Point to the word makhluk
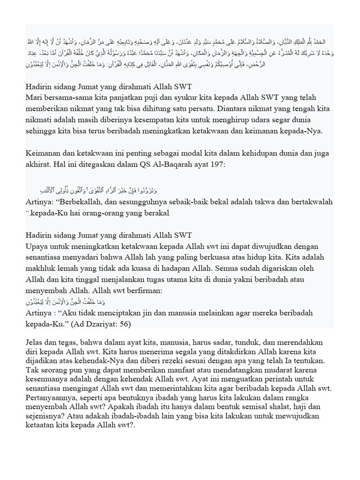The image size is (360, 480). coord(42,269)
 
